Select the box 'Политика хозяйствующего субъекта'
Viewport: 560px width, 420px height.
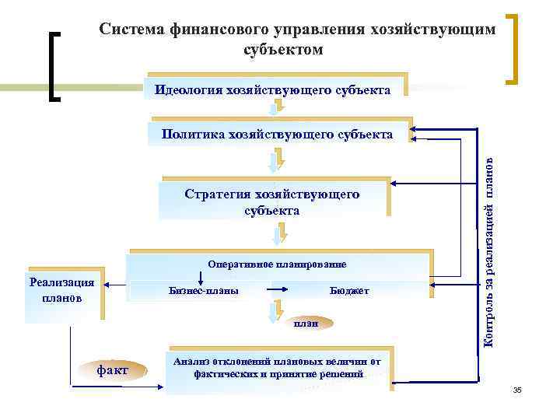pyautogui.click(x=277, y=135)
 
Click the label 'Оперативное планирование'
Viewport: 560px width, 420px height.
pyautogui.click(x=277, y=264)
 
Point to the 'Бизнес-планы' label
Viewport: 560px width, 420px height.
pyautogui.click(x=204, y=291)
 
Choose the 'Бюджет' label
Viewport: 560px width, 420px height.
pyautogui.click(x=349, y=291)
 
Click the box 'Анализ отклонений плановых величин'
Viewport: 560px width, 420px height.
pyautogui.click(x=278, y=368)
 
